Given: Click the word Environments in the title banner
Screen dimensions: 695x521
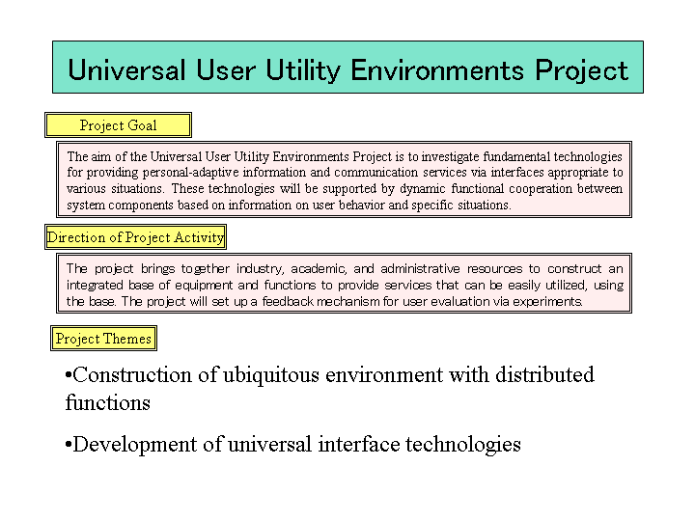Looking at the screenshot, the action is [x=437, y=70].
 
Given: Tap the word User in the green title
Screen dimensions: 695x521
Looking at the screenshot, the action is [x=226, y=70].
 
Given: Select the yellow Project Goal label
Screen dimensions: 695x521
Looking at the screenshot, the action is [x=119, y=124].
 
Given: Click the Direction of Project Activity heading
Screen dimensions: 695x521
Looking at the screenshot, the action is [x=136, y=237].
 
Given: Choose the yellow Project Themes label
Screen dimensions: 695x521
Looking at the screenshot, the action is [x=103, y=339].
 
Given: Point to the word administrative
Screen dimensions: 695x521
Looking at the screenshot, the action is [x=420, y=268].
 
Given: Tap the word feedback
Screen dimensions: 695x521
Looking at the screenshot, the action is [x=288, y=301].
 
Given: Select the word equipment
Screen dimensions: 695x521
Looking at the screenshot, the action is [x=204, y=286].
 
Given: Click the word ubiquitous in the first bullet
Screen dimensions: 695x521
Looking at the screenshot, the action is [x=271, y=375].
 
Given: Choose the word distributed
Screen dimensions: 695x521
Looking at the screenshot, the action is [x=544, y=374].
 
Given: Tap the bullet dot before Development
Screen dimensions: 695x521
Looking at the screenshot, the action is [x=69, y=445].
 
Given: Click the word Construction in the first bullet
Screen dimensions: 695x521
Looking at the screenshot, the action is [x=132, y=374].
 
